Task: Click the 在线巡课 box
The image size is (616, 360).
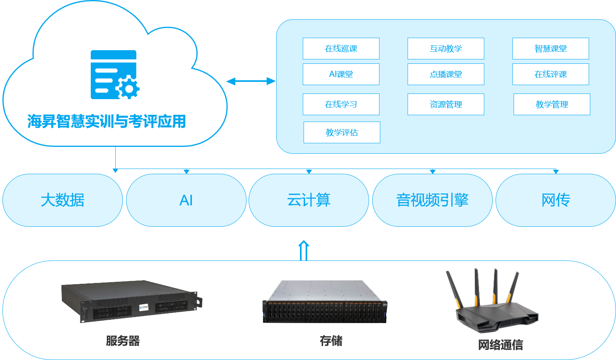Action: (x=341, y=49)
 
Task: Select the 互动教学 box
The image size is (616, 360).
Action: (x=446, y=49)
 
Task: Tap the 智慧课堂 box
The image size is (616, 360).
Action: (x=551, y=49)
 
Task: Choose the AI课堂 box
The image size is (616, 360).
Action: (x=341, y=74)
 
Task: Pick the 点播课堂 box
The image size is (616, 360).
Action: (x=446, y=74)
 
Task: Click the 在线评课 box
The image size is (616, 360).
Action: (x=551, y=74)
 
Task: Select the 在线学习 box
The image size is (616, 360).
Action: (x=341, y=104)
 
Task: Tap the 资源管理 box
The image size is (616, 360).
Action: (x=446, y=104)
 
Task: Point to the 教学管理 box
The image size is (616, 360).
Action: (x=552, y=104)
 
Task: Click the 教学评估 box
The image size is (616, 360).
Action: (x=342, y=132)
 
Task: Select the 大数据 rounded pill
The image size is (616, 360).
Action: (x=63, y=200)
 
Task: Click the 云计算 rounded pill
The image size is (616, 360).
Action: (x=309, y=200)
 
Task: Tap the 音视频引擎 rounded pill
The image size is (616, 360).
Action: (x=432, y=200)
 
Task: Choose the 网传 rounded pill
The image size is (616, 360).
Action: (x=556, y=200)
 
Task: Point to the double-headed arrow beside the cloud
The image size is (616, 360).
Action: (x=251, y=81)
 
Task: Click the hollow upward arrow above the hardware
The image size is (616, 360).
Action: (x=304, y=250)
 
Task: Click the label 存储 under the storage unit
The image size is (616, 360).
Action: (x=331, y=341)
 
